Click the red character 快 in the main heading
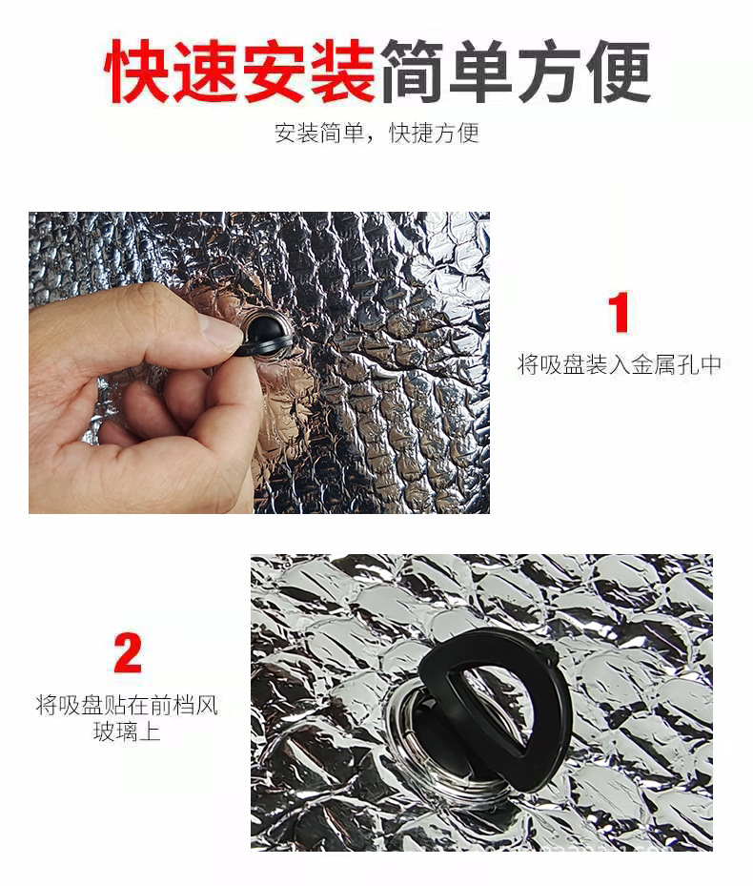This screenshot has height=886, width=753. (x=139, y=72)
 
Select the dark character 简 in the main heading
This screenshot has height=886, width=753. (x=413, y=72)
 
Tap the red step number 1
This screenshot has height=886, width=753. (x=619, y=313)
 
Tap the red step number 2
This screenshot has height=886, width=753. (x=127, y=654)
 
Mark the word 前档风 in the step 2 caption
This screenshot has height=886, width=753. (x=184, y=707)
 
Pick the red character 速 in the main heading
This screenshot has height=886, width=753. (x=206, y=72)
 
